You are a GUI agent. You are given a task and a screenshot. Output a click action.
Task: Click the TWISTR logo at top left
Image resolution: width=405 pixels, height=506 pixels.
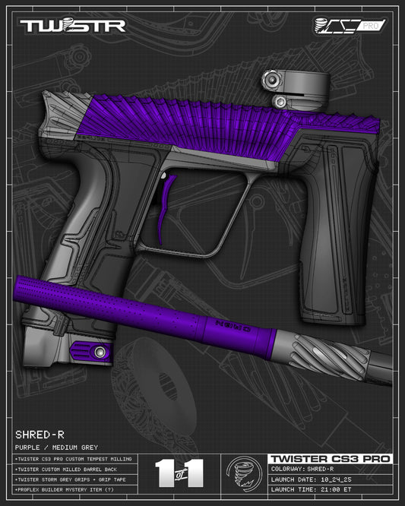point(72,27)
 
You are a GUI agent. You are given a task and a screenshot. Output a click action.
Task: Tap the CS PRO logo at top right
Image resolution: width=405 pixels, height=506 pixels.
point(350,27)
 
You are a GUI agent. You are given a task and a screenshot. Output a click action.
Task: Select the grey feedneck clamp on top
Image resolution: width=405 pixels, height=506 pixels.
point(287,88)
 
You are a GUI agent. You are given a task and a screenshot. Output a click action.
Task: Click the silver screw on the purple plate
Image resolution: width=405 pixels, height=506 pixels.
point(100,351)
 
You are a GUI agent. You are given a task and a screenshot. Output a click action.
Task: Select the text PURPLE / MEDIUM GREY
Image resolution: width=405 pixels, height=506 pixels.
point(57,447)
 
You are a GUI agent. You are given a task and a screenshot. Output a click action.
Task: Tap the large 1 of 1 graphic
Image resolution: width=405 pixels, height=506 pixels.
point(179,473)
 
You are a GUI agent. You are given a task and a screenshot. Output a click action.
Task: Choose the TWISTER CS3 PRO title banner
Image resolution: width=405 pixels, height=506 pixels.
point(330,459)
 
